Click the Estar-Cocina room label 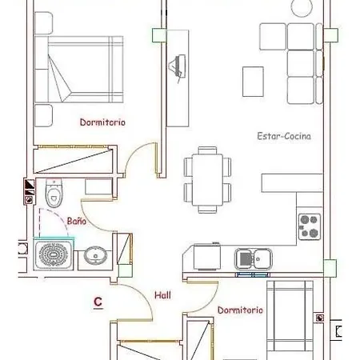coord(284,136)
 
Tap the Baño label coord(77,221)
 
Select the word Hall coord(162,295)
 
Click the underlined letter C coord(98,302)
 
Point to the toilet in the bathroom coord(54,193)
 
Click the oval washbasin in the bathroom coord(95,256)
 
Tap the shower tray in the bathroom coord(54,254)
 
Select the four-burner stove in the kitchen coord(310,226)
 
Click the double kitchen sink coord(254,258)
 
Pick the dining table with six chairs coord(207,180)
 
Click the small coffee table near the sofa coord(253,82)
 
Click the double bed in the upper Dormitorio coord(79,70)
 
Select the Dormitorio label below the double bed coord(102,122)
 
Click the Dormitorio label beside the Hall coord(240,310)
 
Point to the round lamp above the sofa coord(302,7)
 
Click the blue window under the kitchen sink coord(253,274)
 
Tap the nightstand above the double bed coord(43,23)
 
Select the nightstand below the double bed coord(43,115)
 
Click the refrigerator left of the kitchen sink coord(207,257)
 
